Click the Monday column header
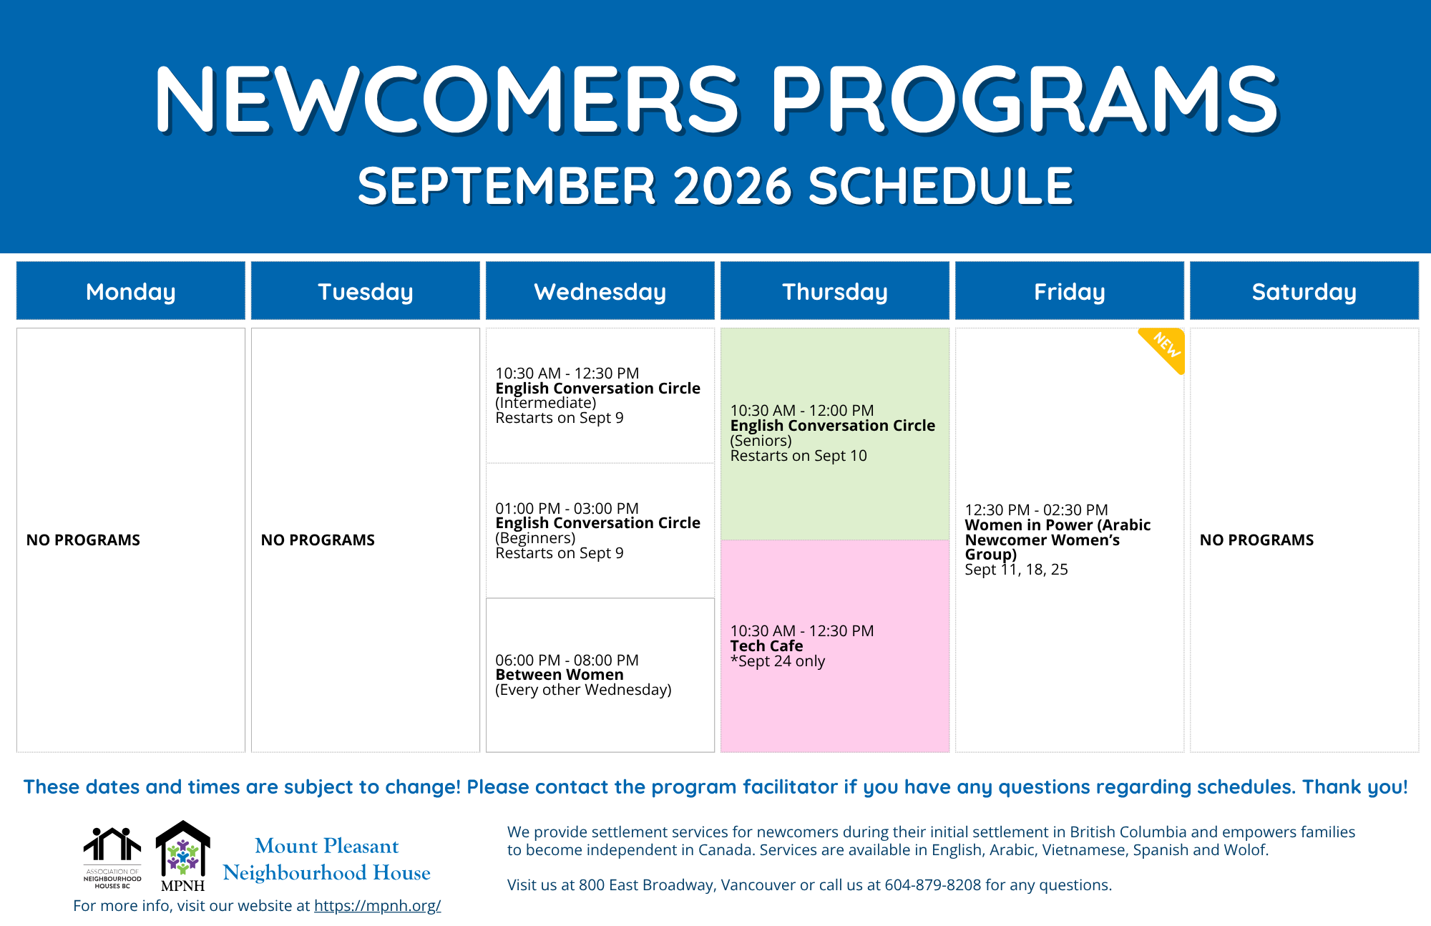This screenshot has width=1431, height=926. coord(131,291)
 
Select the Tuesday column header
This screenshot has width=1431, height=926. coord(366,291)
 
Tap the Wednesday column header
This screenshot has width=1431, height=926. coord(600,291)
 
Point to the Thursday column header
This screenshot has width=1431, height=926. coord(835,291)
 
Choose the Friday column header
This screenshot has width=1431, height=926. coord(1070,291)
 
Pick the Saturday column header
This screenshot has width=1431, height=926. coord(1304,291)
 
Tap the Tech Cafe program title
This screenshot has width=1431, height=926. coord(766,645)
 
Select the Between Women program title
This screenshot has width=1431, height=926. coord(560,675)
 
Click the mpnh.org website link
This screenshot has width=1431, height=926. coord(377,905)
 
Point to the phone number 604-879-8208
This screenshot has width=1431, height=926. coord(933,884)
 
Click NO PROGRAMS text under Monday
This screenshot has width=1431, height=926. coord(83,540)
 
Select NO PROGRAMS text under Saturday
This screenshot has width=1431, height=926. coord(1256,540)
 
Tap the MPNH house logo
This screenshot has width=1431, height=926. coord(183,856)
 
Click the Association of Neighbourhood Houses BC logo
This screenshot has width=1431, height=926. coord(112,858)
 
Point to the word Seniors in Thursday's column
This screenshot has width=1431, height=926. coord(761,441)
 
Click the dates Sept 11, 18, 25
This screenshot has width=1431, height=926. coord(1016,570)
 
